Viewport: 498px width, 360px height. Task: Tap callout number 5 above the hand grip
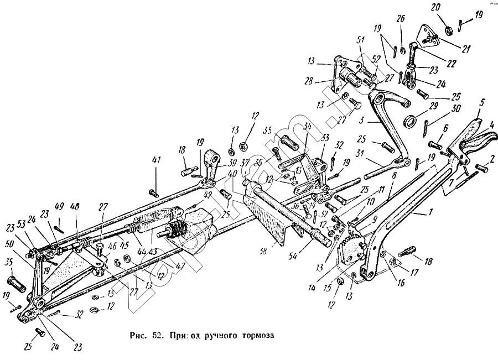[483, 102]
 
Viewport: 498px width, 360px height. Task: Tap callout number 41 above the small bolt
[157, 160]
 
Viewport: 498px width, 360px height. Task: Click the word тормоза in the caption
[257, 335]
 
